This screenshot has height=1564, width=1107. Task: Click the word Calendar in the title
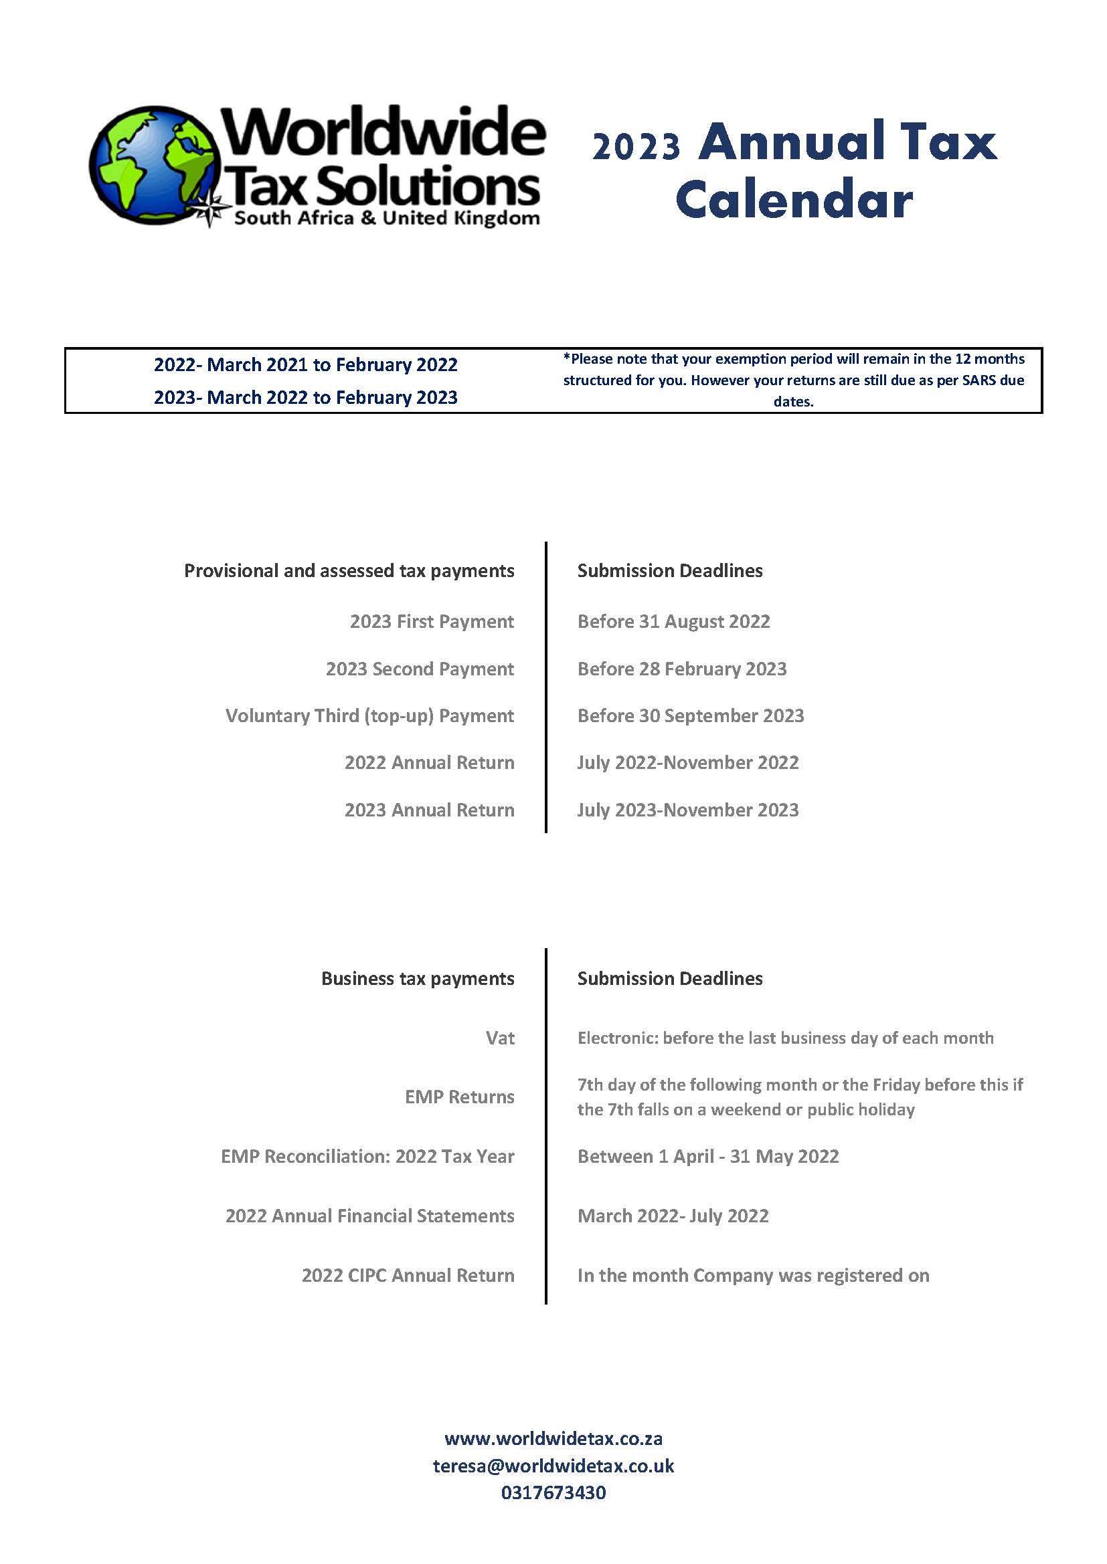tap(794, 201)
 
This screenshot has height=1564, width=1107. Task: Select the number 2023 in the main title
tap(636, 146)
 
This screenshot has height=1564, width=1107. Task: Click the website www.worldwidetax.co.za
tap(553, 1438)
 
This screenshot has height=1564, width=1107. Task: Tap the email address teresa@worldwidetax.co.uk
tap(553, 1465)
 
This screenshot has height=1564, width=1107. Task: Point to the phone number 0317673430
tap(553, 1492)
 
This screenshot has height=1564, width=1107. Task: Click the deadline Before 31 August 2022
tap(673, 621)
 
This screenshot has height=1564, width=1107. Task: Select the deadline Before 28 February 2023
tap(681, 669)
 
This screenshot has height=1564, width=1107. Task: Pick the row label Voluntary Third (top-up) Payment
tap(369, 716)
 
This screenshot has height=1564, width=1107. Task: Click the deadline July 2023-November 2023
tap(688, 810)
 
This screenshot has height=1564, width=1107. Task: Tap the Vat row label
tap(500, 1038)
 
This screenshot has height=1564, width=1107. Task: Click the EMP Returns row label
tap(459, 1097)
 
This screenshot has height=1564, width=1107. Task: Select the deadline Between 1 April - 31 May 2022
tap(707, 1157)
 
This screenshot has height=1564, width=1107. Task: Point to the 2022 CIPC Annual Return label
tap(408, 1275)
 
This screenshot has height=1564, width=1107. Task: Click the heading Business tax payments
tap(417, 979)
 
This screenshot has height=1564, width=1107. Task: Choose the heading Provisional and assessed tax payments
tap(349, 571)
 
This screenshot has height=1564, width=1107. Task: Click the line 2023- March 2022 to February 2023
tap(305, 397)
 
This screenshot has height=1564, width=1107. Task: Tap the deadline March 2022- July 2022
tap(673, 1216)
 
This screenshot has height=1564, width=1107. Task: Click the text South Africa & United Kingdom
tap(386, 219)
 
